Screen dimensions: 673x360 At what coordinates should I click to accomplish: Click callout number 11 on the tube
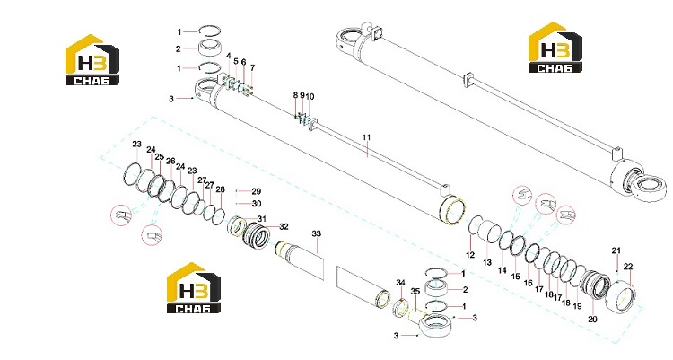(x=366, y=137)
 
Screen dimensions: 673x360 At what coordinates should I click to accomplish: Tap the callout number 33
(x=317, y=233)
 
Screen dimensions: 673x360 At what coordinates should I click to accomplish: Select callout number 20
(x=592, y=320)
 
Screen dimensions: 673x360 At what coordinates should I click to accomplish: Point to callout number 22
(x=628, y=267)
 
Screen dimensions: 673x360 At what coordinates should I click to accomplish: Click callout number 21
(x=616, y=250)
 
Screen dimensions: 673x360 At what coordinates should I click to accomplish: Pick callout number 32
(x=284, y=227)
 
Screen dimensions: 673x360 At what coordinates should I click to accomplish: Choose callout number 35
(x=415, y=291)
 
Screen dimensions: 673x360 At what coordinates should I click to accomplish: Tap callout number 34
(x=400, y=283)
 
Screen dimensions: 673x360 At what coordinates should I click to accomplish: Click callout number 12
(x=470, y=255)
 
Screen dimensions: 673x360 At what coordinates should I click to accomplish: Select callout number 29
(x=257, y=191)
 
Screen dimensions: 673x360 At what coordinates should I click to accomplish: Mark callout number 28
(x=220, y=189)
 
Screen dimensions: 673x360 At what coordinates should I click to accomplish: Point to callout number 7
(x=252, y=68)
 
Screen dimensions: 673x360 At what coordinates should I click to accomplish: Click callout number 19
(x=577, y=306)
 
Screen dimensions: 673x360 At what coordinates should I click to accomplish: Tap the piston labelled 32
(x=258, y=237)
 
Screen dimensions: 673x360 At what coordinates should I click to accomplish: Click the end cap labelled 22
(x=621, y=298)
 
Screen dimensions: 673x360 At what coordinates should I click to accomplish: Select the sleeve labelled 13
(x=488, y=236)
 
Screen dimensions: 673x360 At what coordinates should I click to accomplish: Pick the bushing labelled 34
(x=400, y=308)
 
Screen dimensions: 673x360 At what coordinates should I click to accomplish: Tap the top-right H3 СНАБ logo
(x=555, y=48)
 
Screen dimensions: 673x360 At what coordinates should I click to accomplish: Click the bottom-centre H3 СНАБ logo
(x=194, y=287)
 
